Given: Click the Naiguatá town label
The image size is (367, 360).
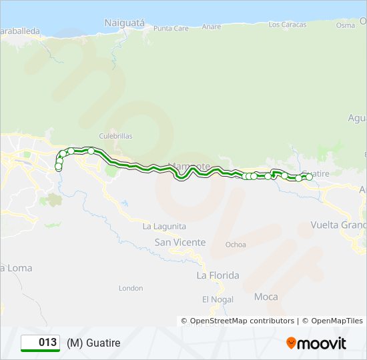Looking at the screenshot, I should click(124, 23).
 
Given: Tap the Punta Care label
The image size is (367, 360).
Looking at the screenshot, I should click(171, 29).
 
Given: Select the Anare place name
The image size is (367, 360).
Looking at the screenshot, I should click(212, 27).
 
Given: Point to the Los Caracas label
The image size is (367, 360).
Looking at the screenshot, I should click(287, 25).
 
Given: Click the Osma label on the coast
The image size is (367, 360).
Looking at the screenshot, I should click(346, 25).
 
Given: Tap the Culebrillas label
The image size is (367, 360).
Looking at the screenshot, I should click(116, 136).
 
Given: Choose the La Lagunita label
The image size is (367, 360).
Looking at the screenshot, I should click(164, 227).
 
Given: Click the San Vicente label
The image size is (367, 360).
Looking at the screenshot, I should click(180, 243).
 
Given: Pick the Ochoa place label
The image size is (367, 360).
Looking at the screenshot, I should click(236, 245).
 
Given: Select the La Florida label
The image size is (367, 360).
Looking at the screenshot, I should click(218, 275).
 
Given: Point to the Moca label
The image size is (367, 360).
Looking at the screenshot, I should click(266, 296).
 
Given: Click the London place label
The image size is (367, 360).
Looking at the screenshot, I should click(131, 288).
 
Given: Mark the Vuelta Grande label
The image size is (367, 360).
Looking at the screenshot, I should click(339, 225).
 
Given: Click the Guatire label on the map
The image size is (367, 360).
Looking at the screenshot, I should click(316, 173).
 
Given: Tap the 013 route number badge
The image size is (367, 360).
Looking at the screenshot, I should click(41, 343).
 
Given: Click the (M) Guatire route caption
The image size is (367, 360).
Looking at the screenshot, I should click(93, 343).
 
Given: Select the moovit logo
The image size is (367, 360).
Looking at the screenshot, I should click(316, 343).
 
